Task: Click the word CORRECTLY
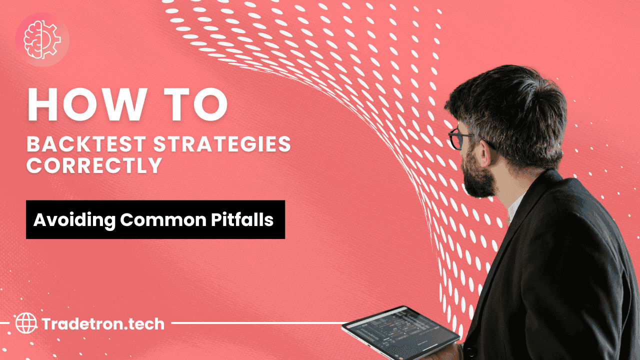click(x=94, y=166)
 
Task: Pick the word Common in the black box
click(x=150, y=220)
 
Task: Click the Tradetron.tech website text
click(x=103, y=324)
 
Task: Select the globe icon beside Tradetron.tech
click(x=26, y=323)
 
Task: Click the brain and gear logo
click(x=42, y=38)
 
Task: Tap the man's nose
click(x=452, y=147)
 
